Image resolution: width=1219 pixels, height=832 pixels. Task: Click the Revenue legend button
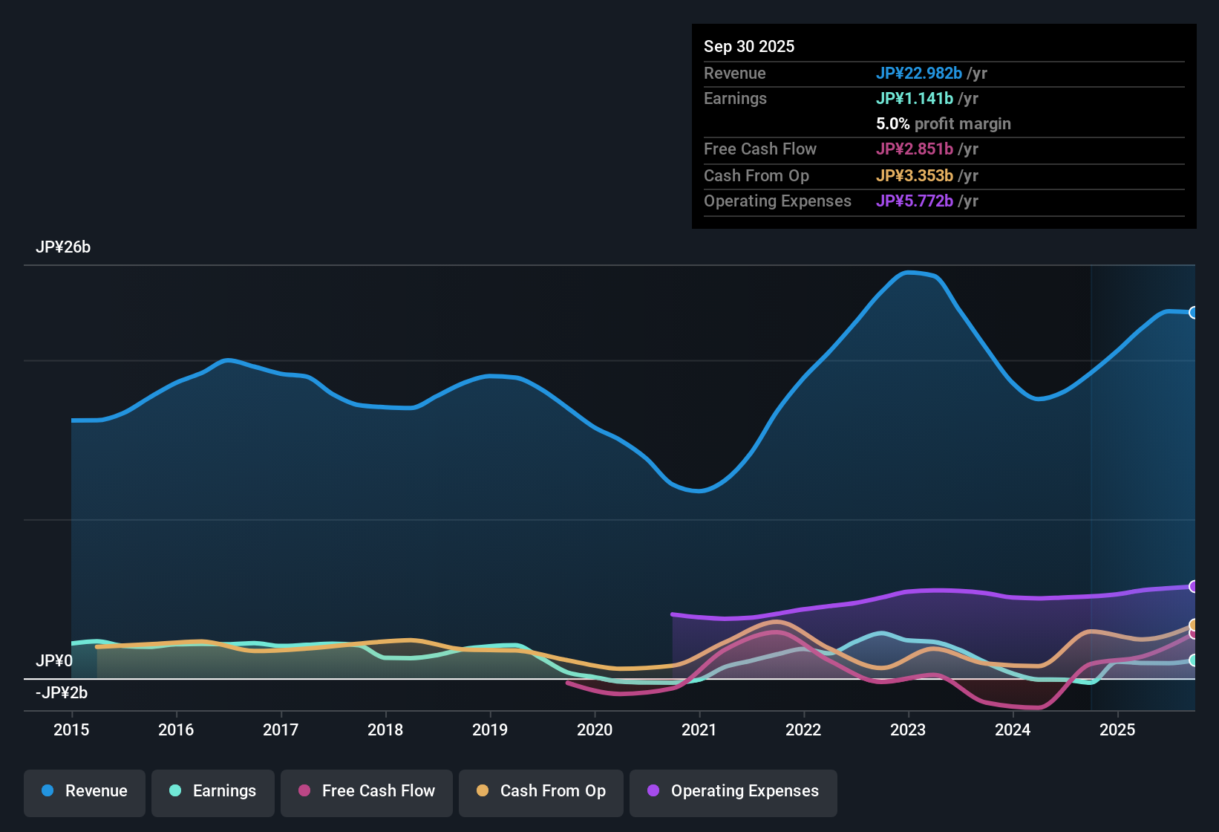pyautogui.click(x=85, y=792)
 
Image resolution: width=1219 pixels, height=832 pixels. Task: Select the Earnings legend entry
pyautogui.click(x=213, y=792)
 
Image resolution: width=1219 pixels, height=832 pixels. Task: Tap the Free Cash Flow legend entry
pyautogui.click(x=367, y=792)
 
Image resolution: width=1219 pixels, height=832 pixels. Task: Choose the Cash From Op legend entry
pyautogui.click(x=541, y=792)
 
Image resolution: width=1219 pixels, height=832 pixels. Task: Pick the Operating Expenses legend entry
pyautogui.click(x=733, y=792)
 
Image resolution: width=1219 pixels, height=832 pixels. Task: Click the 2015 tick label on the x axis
pyautogui.click(x=71, y=730)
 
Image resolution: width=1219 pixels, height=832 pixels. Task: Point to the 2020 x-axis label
pyautogui.click(x=595, y=730)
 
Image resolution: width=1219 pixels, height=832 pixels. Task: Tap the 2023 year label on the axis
pyautogui.click(x=908, y=730)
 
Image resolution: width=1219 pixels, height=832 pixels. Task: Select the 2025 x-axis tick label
pyautogui.click(x=1117, y=730)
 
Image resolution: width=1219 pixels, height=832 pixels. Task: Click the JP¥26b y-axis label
pyautogui.click(x=63, y=247)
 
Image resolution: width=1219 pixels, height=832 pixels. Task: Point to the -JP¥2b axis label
pyautogui.click(x=62, y=693)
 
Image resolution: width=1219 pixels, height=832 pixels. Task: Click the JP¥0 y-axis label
pyautogui.click(x=54, y=661)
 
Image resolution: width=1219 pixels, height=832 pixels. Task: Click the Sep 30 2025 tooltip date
pyautogui.click(x=749, y=47)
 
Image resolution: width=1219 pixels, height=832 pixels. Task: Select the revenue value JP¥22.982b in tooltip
pyautogui.click(x=919, y=74)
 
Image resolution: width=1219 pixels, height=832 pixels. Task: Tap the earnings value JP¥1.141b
pyautogui.click(x=915, y=99)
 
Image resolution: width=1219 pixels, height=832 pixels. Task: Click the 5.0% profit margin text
pyautogui.click(x=944, y=124)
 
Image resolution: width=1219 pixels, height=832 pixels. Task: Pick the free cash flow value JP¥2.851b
pyautogui.click(x=915, y=149)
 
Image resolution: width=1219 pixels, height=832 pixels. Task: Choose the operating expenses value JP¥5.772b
pyautogui.click(x=915, y=201)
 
